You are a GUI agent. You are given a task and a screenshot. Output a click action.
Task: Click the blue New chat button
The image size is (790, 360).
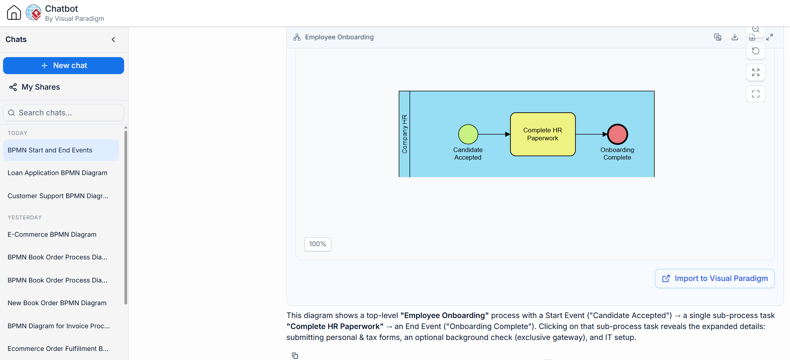tap(64, 65)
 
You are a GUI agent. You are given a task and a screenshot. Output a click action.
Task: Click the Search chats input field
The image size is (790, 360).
tap(64, 113)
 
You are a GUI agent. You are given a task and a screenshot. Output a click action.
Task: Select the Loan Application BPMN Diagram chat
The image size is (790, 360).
tap(58, 173)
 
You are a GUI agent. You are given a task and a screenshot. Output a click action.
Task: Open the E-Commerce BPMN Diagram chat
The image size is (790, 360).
tap(52, 234)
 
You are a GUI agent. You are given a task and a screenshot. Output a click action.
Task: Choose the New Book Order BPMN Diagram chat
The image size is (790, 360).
tap(57, 303)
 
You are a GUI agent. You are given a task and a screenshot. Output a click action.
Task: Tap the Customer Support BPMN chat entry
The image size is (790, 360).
tap(58, 196)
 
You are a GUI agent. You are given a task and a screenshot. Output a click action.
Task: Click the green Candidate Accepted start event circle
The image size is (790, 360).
tap(468, 134)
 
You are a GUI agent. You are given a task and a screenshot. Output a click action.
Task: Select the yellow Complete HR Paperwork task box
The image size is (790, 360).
tap(543, 134)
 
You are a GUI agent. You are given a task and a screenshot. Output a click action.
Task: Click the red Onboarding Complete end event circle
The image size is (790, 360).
tap(617, 134)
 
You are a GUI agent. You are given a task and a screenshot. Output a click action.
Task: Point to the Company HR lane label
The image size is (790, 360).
tap(404, 134)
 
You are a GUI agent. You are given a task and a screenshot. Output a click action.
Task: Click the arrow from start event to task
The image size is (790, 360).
tap(494, 134)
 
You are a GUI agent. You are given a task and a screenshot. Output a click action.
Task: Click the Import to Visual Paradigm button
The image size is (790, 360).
tap(715, 279)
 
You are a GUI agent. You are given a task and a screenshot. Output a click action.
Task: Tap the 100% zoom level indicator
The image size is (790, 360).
tap(318, 244)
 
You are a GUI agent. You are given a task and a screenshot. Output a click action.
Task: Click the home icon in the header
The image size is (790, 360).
tap(14, 12)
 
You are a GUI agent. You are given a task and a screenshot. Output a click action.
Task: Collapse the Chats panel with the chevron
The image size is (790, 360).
tap(114, 39)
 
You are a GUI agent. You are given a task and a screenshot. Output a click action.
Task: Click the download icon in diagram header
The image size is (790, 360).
tap(735, 37)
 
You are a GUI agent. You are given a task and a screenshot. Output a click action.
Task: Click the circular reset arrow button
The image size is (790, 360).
tap(756, 51)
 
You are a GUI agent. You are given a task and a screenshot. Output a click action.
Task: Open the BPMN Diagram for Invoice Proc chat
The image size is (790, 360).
tap(59, 326)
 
